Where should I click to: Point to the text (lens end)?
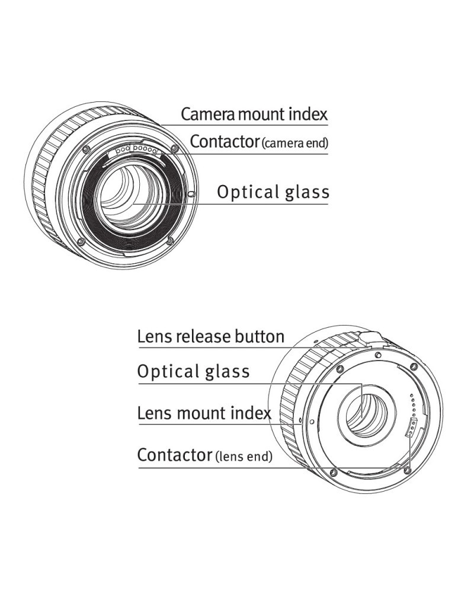click(244, 457)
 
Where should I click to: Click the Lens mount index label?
click(204, 413)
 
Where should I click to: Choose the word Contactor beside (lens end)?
click(174, 455)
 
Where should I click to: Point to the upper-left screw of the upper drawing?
click(87, 148)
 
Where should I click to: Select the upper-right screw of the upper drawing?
click(174, 148)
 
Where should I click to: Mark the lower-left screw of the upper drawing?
click(81, 240)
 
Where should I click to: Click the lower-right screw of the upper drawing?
click(170, 240)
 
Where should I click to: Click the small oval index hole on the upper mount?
click(190, 195)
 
